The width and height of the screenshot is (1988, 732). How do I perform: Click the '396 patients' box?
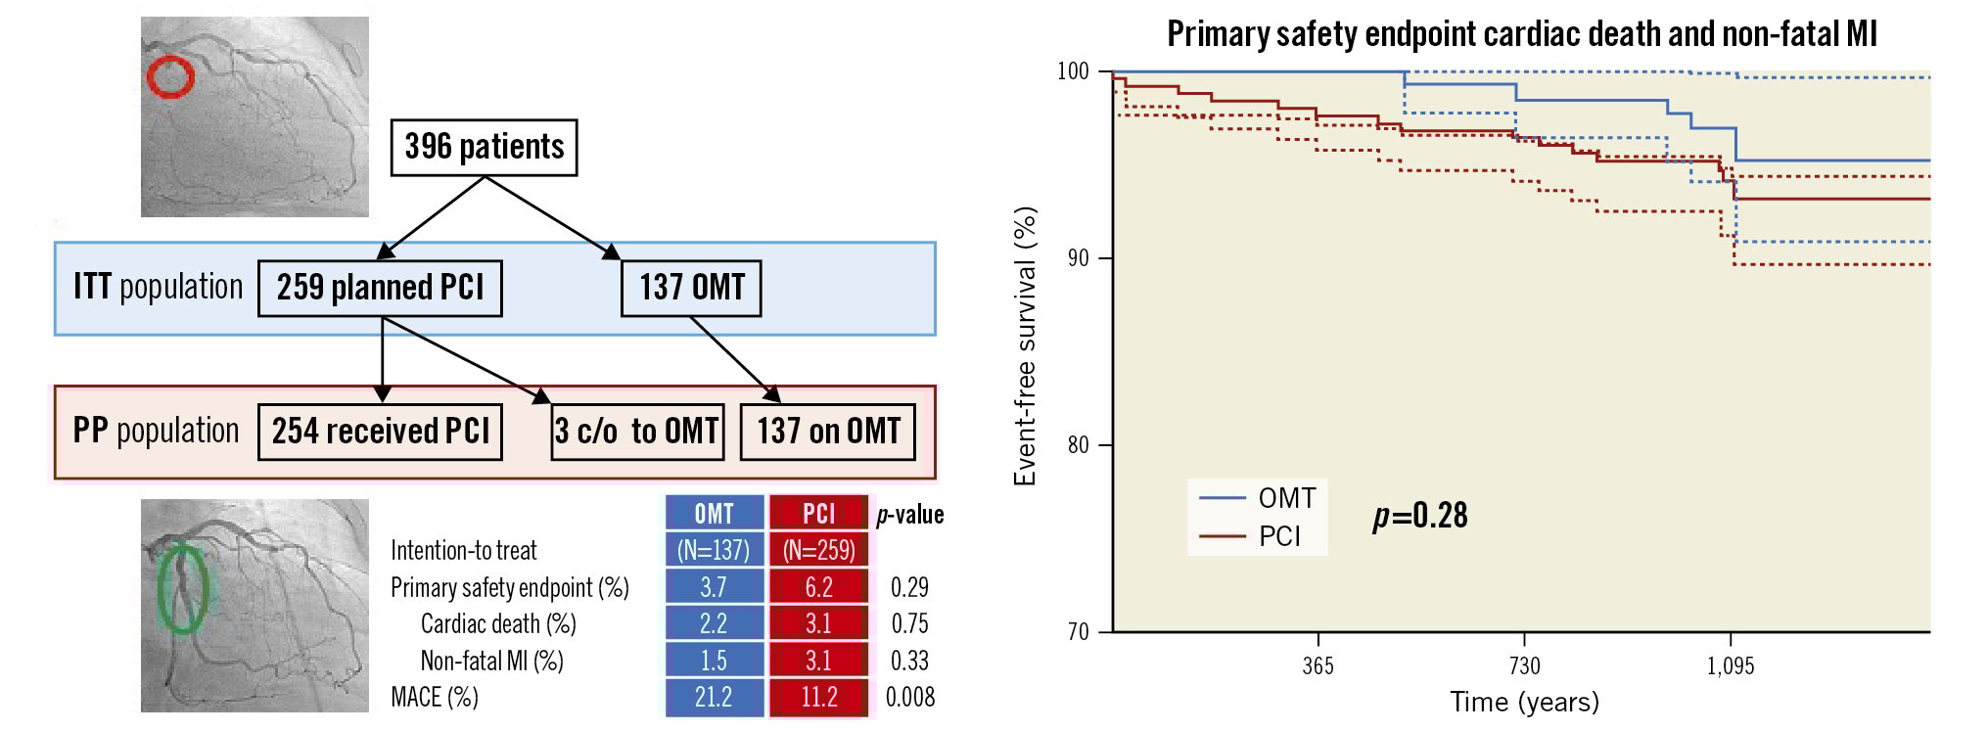click(484, 148)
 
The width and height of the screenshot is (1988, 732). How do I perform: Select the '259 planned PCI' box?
click(380, 288)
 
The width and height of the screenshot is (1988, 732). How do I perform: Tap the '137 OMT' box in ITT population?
click(691, 288)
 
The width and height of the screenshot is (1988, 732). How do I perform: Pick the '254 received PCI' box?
click(380, 432)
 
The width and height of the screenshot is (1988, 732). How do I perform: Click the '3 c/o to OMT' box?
click(637, 432)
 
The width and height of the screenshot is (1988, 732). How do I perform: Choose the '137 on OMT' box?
click(828, 432)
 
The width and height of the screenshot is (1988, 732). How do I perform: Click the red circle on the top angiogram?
click(170, 77)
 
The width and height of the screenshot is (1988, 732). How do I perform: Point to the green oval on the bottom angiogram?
click(182, 589)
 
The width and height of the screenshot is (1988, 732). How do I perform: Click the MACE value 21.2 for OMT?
click(714, 698)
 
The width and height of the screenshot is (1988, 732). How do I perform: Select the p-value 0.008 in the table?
click(909, 698)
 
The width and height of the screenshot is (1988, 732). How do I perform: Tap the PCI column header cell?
click(818, 514)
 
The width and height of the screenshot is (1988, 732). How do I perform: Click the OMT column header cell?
click(714, 514)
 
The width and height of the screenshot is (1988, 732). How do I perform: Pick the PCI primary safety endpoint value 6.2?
click(818, 587)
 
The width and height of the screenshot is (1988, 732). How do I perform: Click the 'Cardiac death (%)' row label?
click(498, 624)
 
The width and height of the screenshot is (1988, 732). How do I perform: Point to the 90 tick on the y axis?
click(1078, 258)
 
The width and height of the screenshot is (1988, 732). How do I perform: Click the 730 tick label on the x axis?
click(1524, 666)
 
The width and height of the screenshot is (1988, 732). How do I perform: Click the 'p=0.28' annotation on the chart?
click(1420, 516)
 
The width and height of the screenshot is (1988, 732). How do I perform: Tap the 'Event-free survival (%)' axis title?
click(1025, 346)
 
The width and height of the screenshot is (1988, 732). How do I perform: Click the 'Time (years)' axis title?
click(1524, 702)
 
